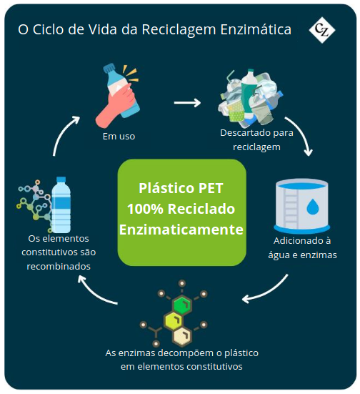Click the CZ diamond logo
[x=321, y=30]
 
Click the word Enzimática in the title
[x=256, y=29]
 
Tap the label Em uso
[x=119, y=137]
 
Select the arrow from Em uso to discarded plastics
[x=187, y=102]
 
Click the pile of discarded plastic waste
[x=250, y=97]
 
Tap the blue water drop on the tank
[x=313, y=207]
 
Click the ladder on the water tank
[x=291, y=207]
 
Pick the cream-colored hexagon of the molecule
[x=182, y=336]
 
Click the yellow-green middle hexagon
[x=173, y=321]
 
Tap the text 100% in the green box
[x=145, y=209]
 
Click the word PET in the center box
[x=211, y=189]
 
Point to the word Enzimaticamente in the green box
[x=181, y=230]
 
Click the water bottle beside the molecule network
[x=61, y=205]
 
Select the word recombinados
[x=59, y=266]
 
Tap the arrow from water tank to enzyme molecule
[x=266, y=292]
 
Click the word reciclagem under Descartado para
[x=256, y=147]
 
